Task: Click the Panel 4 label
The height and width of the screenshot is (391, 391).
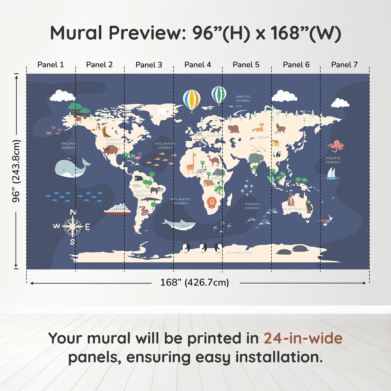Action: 197,65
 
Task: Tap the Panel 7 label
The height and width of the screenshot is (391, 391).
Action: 344,65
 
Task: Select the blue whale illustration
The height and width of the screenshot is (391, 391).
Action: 71,168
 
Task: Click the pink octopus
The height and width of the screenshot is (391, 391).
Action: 336,146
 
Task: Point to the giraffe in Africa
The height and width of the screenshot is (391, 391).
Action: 191,164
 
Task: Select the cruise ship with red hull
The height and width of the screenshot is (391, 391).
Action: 118,209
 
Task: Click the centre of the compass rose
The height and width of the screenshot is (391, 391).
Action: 72,226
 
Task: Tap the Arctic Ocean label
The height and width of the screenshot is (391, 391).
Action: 243,99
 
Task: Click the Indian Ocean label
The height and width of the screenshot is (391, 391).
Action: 252,206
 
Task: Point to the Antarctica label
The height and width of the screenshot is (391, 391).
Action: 239,253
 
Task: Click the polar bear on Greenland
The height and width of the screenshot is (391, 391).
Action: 163,112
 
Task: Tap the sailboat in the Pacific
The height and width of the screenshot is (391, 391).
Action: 332,174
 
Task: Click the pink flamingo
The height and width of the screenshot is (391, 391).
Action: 138,158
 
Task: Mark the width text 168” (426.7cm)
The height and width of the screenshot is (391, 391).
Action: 195,282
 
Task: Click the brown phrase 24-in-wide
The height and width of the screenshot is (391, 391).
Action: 303,338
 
